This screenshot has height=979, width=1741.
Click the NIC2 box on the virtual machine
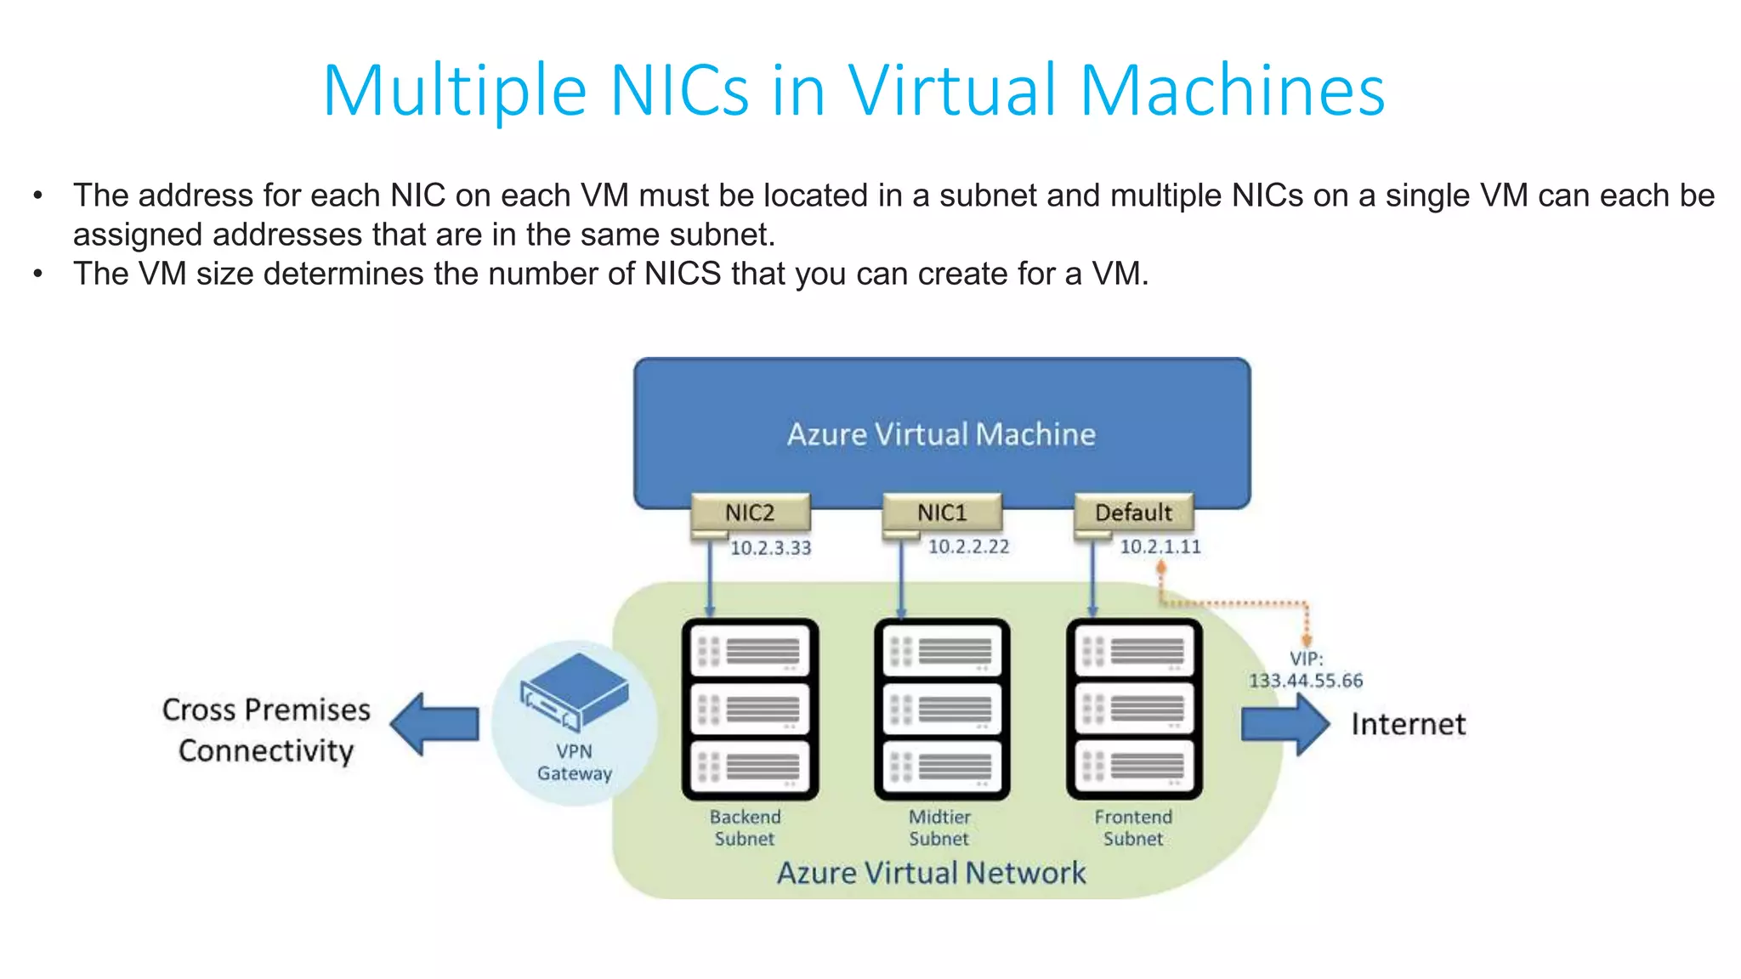tap(750, 512)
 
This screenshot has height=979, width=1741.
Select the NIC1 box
tap(942, 512)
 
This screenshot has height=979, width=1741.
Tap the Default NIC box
tap(1133, 512)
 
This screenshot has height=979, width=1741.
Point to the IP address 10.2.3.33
tap(770, 548)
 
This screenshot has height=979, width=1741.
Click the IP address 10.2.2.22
tap(968, 546)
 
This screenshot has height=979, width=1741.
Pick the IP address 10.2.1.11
tap(1160, 546)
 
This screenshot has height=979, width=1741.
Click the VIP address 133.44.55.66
tap(1306, 681)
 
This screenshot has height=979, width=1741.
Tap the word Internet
tap(1409, 724)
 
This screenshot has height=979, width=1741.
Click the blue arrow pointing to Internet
tap(1284, 725)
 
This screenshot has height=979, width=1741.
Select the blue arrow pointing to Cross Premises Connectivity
tap(434, 725)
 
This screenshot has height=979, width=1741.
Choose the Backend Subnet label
tap(745, 828)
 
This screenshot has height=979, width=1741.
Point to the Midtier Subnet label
tap(939, 828)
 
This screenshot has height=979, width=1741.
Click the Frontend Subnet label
tap(1133, 828)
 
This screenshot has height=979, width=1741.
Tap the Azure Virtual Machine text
tap(941, 434)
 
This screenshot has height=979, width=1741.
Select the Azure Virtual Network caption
tap(932, 873)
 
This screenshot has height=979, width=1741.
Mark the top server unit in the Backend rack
tap(750, 652)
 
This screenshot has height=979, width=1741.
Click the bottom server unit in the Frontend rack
tap(1134, 766)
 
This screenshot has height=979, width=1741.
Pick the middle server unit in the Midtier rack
tap(942, 709)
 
